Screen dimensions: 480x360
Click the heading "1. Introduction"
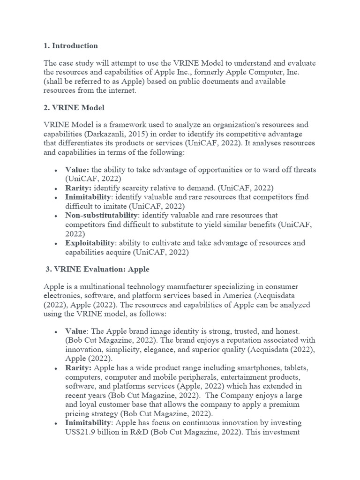tap(71, 46)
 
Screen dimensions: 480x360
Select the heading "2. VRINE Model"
tap(74, 108)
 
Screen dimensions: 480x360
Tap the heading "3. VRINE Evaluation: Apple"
tap(97, 270)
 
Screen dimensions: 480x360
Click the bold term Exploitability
tap(90, 243)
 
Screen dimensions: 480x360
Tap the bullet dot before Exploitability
tap(56, 243)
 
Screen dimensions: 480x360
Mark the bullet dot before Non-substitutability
tap(56, 216)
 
